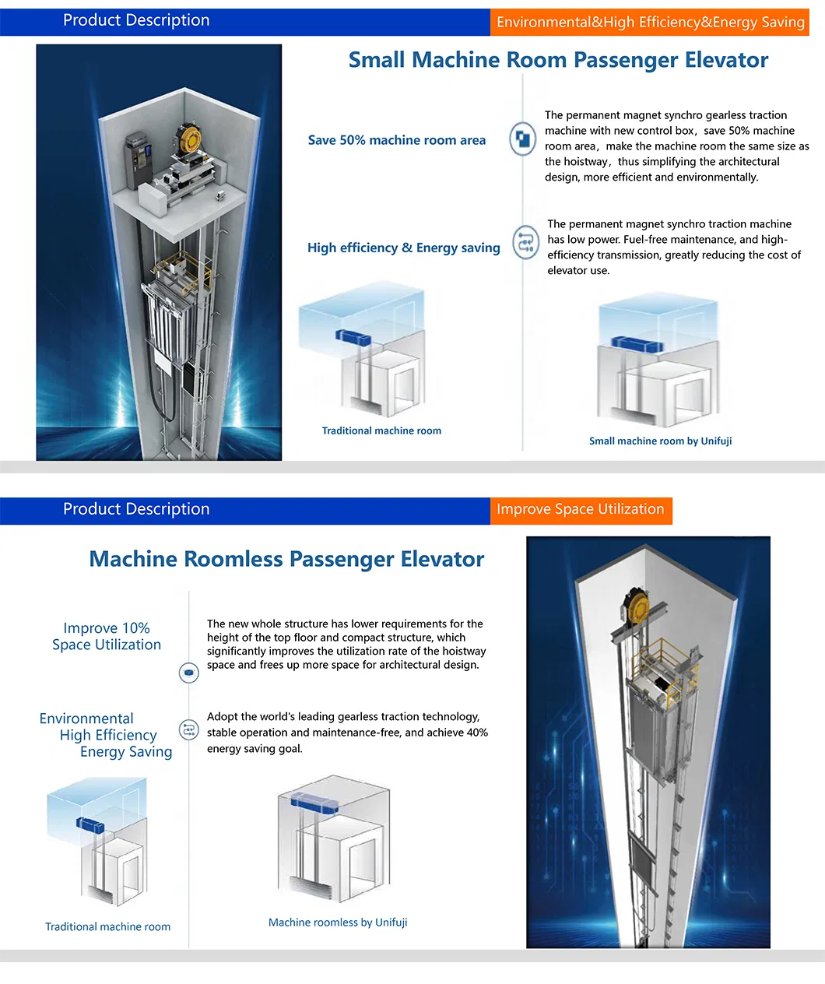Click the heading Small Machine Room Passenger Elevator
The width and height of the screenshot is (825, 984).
[x=558, y=60]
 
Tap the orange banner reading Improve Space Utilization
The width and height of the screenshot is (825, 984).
[x=581, y=509]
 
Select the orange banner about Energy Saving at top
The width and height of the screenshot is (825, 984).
[x=650, y=22]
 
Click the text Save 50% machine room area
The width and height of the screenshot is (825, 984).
[x=396, y=140]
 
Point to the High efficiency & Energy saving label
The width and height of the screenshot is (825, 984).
[x=403, y=248]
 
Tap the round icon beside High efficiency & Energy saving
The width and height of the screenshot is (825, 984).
[x=525, y=242]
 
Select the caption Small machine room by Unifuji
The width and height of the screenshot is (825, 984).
[x=660, y=441]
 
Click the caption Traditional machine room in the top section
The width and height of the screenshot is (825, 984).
[x=381, y=430]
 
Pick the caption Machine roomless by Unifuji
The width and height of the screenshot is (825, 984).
[x=338, y=922]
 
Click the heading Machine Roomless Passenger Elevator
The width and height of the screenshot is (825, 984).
[x=286, y=559]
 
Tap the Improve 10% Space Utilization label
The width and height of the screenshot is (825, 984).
[x=107, y=636]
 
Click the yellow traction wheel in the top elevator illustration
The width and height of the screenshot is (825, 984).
[x=190, y=139]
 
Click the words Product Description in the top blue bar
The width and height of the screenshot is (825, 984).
[x=136, y=20]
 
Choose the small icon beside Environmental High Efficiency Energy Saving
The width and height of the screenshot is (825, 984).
[x=188, y=729]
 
